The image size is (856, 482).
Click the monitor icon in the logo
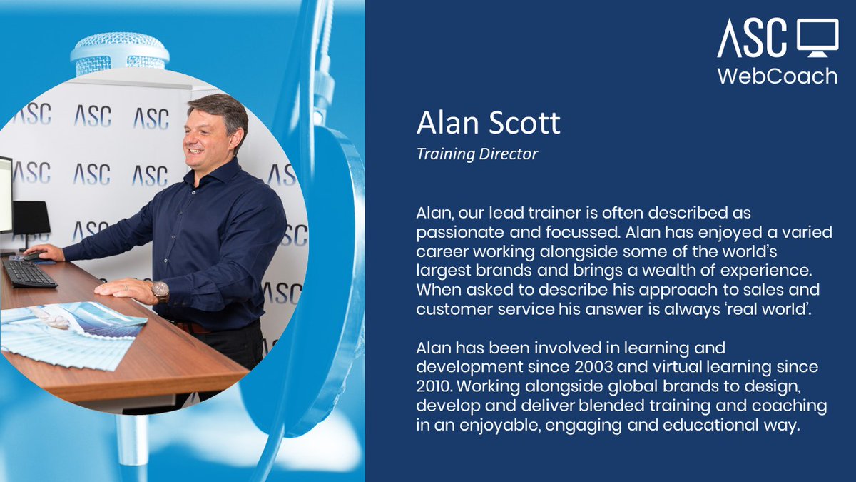(x=817, y=38)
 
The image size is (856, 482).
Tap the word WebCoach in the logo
(x=777, y=76)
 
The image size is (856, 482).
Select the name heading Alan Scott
(x=489, y=124)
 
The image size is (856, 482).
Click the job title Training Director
(x=477, y=154)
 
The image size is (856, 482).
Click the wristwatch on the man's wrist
(x=160, y=290)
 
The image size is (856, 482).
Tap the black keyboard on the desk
(x=29, y=272)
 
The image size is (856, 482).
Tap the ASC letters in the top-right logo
(x=753, y=38)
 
